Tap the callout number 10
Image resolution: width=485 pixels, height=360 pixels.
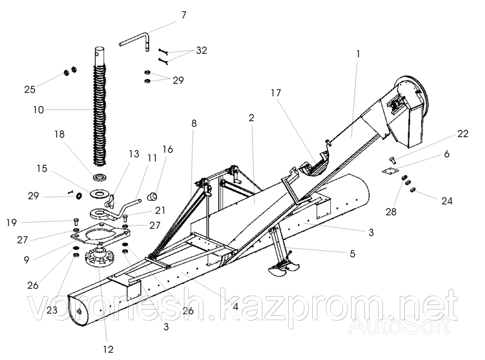(38, 110)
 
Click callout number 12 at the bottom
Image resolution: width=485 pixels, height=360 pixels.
(109, 348)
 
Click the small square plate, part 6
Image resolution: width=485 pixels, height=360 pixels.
(391, 173)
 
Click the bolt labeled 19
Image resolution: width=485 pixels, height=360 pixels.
(75, 220)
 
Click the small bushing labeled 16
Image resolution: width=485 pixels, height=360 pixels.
(151, 195)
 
